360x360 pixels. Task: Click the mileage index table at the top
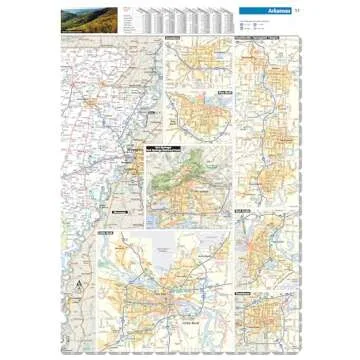pyautogui.click(x=180, y=18)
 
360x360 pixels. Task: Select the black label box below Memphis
pyautogui.click(x=122, y=212)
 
